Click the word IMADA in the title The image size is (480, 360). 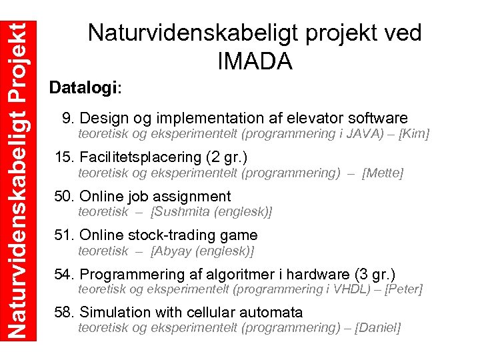[x=255, y=61]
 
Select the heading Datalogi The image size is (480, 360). [x=85, y=88]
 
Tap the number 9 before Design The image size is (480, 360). [x=67, y=119]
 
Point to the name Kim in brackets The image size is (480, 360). [x=414, y=134]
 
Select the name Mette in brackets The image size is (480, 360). [x=383, y=173]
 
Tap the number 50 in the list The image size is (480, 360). [x=63, y=197]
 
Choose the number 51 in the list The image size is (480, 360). [x=63, y=235]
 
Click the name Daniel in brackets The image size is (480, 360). [x=379, y=328]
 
